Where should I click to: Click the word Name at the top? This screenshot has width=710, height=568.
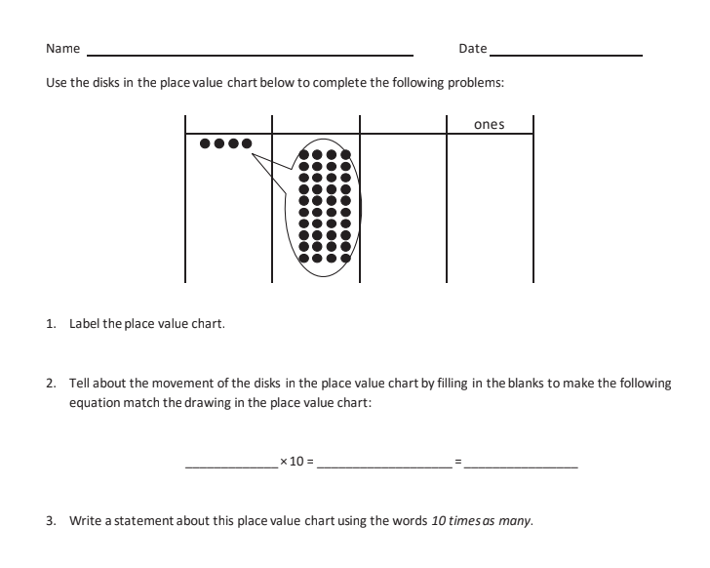point(62,49)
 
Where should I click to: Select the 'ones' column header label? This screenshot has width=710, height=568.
point(489,124)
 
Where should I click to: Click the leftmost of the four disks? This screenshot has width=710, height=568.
point(205,143)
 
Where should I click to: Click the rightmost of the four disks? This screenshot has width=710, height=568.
point(247,143)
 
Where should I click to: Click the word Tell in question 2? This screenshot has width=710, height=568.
point(78,384)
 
